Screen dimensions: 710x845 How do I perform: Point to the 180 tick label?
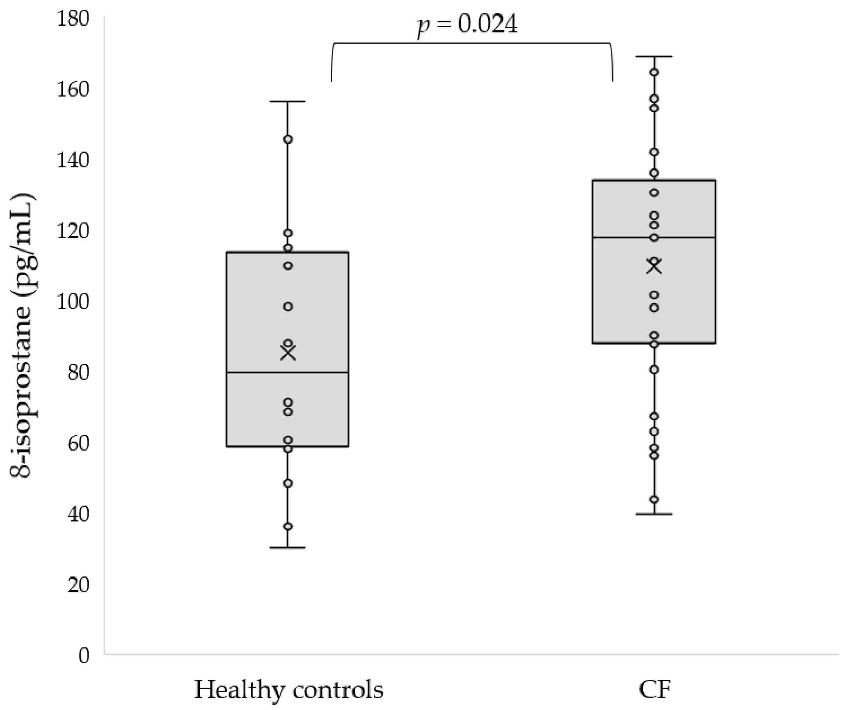point(73,19)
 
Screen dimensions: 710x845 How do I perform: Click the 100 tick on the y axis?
point(73,302)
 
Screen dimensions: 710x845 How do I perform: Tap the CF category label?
point(654,689)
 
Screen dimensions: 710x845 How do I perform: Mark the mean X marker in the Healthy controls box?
point(288,353)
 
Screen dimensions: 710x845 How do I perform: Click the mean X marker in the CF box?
point(654,266)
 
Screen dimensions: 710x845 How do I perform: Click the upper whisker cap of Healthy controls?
point(287,102)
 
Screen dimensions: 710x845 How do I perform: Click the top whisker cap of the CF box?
point(654,57)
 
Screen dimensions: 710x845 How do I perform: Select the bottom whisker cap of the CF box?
point(654,514)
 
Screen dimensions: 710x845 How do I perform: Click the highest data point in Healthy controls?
point(288,139)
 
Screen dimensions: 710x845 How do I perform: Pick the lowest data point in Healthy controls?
point(288,527)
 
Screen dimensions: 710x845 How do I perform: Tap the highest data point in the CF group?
point(654,73)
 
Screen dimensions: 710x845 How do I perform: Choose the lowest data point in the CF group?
point(654,500)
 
